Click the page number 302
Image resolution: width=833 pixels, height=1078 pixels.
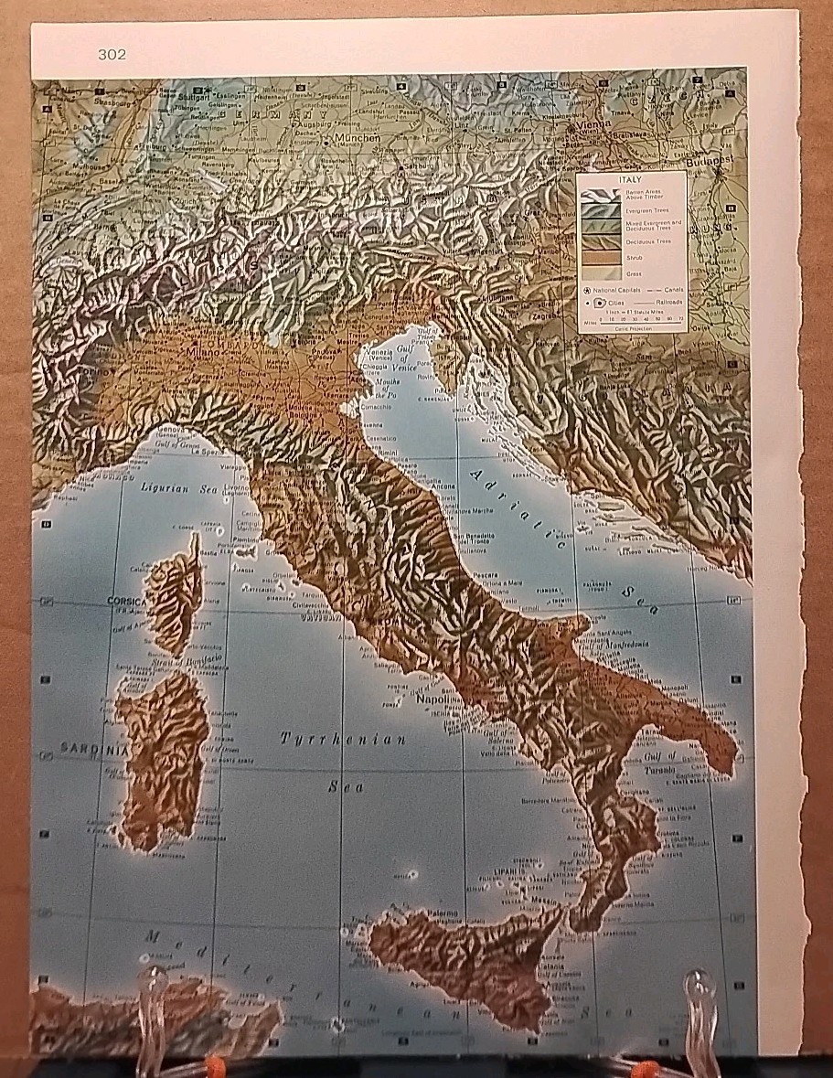(x=112, y=55)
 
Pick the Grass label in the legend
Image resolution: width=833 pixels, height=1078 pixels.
(x=632, y=272)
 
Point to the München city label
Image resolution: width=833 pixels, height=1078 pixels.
(x=356, y=139)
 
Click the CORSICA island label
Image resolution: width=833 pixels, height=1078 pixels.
(x=126, y=601)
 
